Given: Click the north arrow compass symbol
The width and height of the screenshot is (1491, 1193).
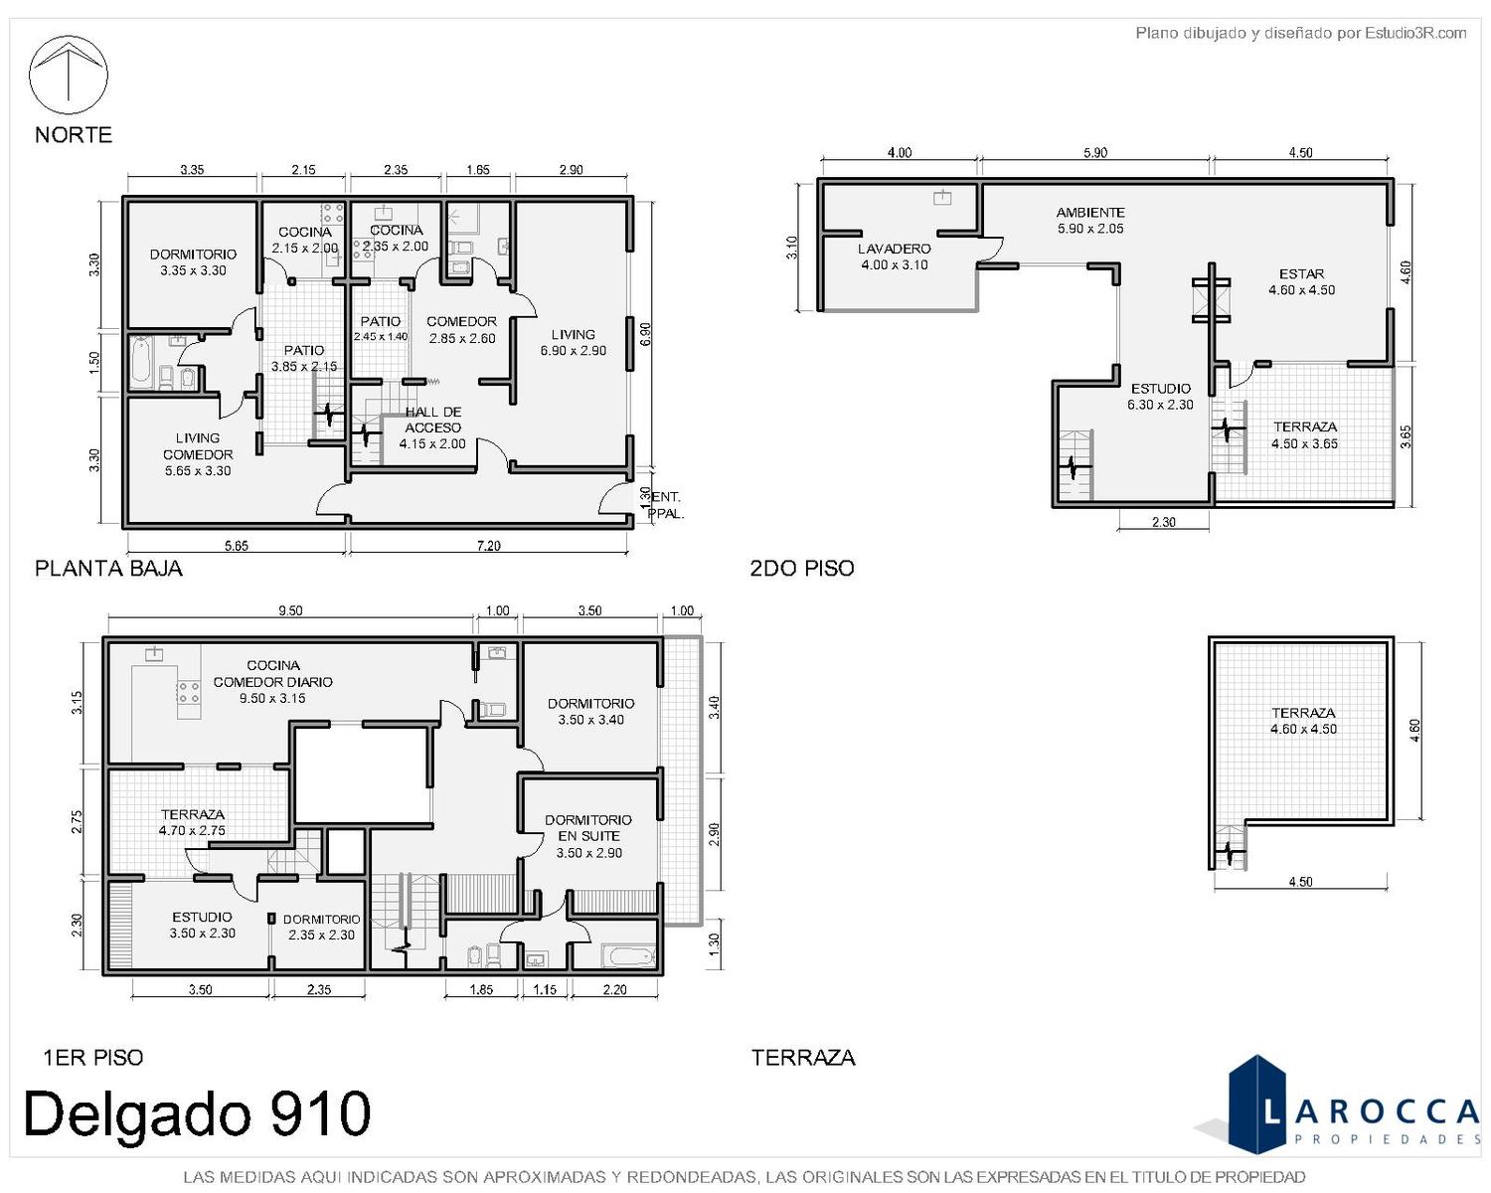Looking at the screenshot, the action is pyautogui.click(x=69, y=76).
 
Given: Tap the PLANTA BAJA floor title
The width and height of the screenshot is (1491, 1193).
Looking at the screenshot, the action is pyautogui.click(x=108, y=569).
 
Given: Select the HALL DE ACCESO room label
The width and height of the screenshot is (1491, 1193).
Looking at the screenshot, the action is pyautogui.click(x=433, y=427).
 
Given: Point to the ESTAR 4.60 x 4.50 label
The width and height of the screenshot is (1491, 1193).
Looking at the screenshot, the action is pyautogui.click(x=1302, y=282).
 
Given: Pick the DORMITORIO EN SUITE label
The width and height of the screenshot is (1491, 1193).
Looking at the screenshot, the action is pyautogui.click(x=588, y=836).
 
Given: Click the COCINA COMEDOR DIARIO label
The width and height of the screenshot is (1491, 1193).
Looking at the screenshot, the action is pyautogui.click(x=273, y=681).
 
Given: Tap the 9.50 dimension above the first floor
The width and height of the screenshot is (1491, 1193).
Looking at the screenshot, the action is pyautogui.click(x=290, y=610).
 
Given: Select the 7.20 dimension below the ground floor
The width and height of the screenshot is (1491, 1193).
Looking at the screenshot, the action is pyautogui.click(x=488, y=546).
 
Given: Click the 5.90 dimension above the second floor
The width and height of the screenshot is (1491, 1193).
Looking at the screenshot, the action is pyautogui.click(x=1095, y=152).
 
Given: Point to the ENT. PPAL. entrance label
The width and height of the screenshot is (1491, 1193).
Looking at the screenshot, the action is pyautogui.click(x=666, y=505).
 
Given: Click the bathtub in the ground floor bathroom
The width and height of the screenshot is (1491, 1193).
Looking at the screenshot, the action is pyautogui.click(x=141, y=363).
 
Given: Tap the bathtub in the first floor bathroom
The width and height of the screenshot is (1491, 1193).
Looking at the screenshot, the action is pyautogui.click(x=628, y=956).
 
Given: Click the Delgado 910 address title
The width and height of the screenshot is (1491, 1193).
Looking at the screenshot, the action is pyautogui.click(x=198, y=1114).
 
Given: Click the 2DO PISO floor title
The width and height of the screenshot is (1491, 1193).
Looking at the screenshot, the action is pyautogui.click(x=801, y=569).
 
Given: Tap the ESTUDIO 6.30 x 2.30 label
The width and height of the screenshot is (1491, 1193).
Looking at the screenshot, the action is pyautogui.click(x=1161, y=397).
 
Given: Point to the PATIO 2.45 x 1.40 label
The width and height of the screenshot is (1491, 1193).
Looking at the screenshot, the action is pyautogui.click(x=381, y=329).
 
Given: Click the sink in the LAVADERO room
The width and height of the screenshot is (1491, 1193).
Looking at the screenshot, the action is pyautogui.click(x=941, y=197).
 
